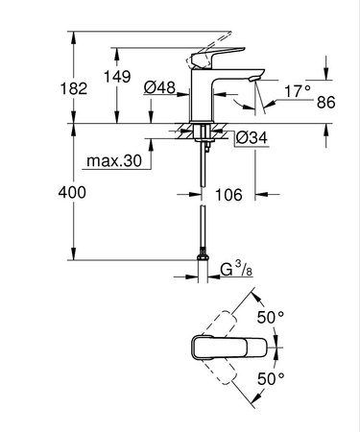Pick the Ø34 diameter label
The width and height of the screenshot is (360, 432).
250,137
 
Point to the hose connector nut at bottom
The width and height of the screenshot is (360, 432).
204,256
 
